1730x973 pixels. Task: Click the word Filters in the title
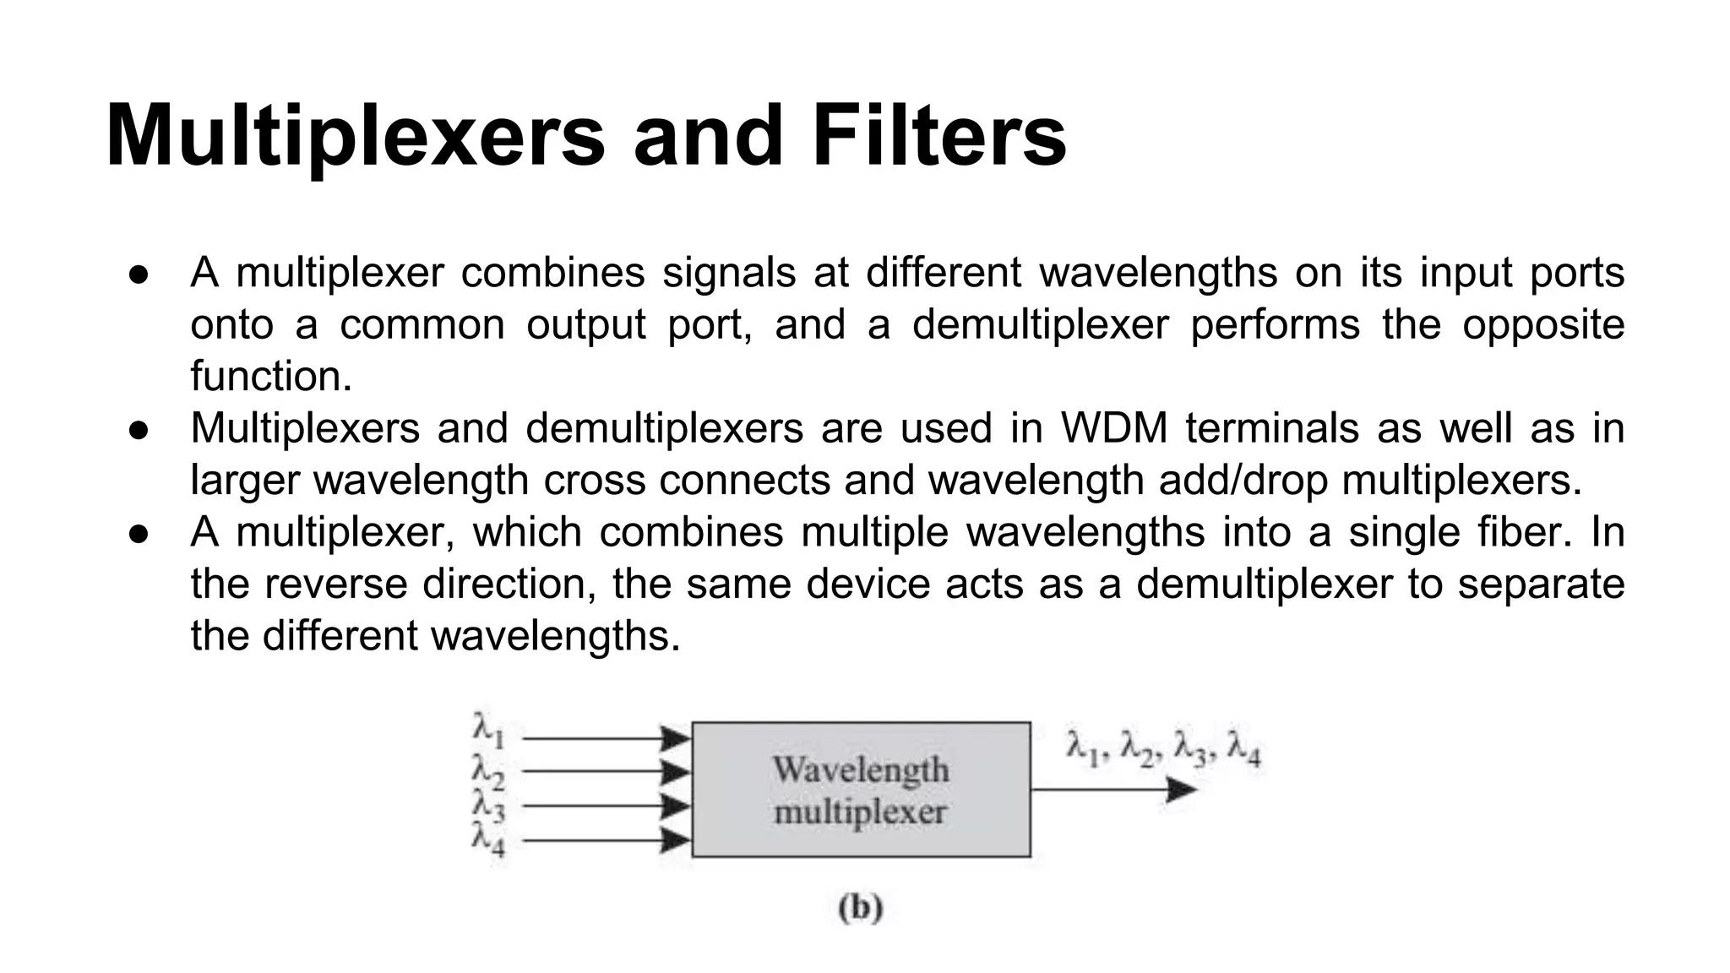(939, 135)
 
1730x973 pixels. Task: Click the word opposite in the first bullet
(1543, 325)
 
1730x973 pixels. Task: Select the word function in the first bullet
(270, 377)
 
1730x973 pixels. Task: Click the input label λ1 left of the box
(488, 731)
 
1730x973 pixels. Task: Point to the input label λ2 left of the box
(488, 770)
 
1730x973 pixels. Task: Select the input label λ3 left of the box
(488, 804)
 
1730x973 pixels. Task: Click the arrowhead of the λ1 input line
(676, 739)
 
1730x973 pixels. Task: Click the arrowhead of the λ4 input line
(676, 840)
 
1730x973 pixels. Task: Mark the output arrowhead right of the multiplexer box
(1181, 790)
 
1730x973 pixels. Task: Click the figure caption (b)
(861, 908)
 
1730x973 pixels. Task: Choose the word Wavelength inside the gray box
(861, 769)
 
